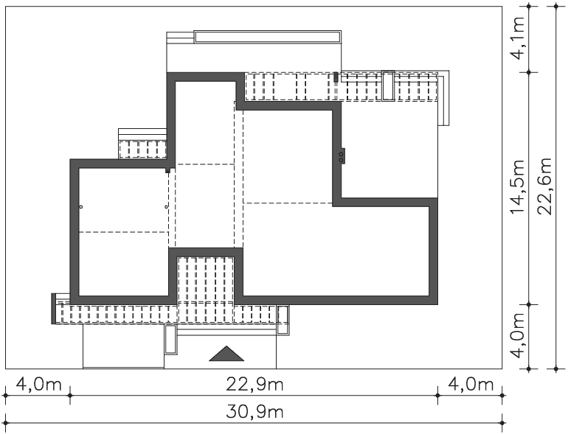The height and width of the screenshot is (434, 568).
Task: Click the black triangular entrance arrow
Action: [x=226, y=355]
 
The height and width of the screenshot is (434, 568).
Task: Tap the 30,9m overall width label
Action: [x=254, y=412]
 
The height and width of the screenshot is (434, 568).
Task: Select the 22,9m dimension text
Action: [x=254, y=384]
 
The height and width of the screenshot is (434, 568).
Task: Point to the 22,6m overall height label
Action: [x=544, y=186]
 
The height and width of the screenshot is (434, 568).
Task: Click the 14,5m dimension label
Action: [x=517, y=186]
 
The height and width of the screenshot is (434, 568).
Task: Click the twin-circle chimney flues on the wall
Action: [x=342, y=157]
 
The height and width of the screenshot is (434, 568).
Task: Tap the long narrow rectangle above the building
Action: [x=267, y=37]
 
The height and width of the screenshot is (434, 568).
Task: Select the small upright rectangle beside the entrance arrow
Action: [x=170, y=340]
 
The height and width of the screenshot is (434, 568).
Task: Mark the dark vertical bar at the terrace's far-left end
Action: [x=54, y=309]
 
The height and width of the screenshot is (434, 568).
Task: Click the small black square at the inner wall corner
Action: [x=167, y=170]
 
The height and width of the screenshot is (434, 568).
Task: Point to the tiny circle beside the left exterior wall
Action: [x=81, y=207]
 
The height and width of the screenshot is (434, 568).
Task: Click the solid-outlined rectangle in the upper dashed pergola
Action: [x=388, y=85]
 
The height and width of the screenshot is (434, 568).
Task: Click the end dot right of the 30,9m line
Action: [x=502, y=423]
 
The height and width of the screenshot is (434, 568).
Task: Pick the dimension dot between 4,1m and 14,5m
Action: [x=528, y=72]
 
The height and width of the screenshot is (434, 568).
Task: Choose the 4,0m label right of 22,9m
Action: [x=471, y=384]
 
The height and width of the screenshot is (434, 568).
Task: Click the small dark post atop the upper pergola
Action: [x=336, y=77]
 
